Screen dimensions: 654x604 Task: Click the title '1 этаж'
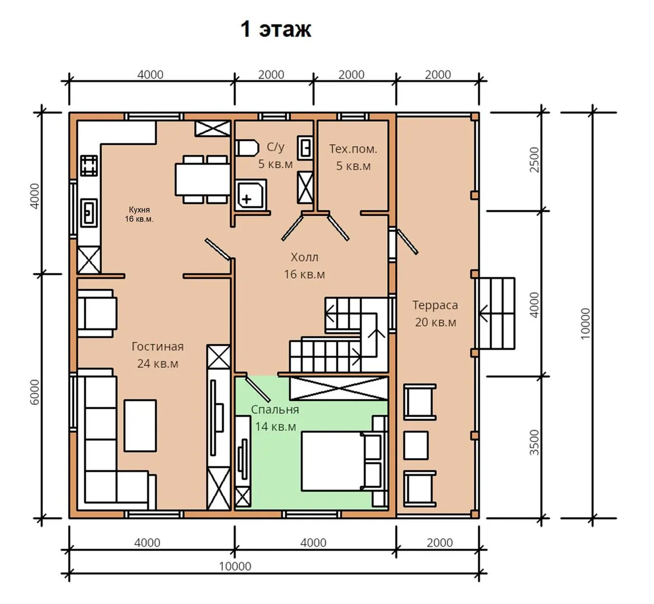276,29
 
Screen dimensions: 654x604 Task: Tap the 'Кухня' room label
139,210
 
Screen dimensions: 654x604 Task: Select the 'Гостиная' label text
158,346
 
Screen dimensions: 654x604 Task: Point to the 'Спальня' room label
275,410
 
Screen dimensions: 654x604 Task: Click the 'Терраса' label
435,305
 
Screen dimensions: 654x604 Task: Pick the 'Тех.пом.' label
353,149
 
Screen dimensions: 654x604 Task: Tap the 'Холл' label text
304,257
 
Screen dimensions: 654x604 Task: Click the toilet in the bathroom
247,148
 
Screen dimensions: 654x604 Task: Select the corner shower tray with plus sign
251,195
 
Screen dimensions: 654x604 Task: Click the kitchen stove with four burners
89,166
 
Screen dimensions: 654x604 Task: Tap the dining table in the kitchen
203,179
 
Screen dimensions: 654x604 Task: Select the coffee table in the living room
140,426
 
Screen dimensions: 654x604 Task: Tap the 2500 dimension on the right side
534,159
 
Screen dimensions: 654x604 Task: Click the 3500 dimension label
534,442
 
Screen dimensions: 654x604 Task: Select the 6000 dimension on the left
35,392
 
